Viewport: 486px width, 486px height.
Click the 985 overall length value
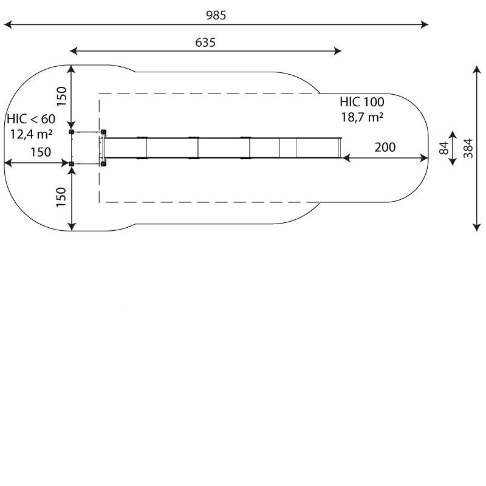tap(216, 15)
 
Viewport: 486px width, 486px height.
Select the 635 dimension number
tap(205, 43)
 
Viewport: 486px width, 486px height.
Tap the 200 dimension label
tap(385, 147)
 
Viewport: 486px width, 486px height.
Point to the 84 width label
tap(444, 148)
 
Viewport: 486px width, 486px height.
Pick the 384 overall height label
tap(468, 148)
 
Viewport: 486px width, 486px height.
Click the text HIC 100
tap(362, 102)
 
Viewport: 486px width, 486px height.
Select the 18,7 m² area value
tap(362, 117)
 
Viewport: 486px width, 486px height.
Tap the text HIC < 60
tap(31, 119)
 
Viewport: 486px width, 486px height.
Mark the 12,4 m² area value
tap(31, 134)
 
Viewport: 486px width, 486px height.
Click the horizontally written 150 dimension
tap(41, 152)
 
